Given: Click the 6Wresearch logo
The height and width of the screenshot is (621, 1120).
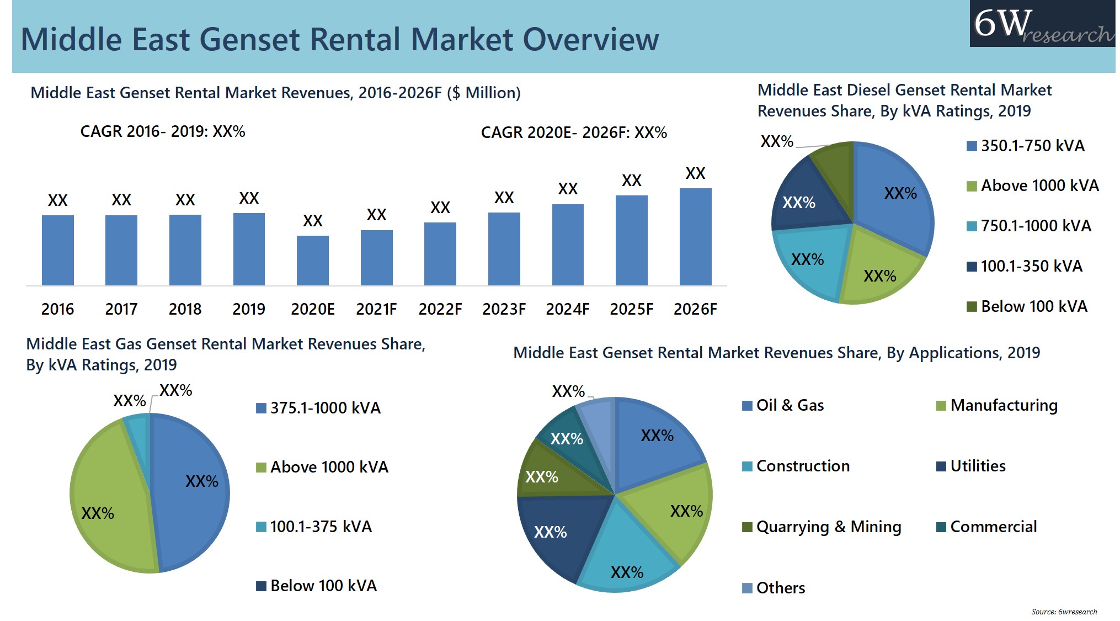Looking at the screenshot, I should tap(1043, 24).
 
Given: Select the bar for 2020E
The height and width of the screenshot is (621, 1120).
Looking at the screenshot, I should tap(312, 261).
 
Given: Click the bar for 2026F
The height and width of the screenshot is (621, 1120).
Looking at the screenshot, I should tap(695, 237).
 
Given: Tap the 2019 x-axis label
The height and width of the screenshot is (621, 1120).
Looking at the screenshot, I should tap(248, 309).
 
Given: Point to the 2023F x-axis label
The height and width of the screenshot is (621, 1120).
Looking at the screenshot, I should tap(504, 309).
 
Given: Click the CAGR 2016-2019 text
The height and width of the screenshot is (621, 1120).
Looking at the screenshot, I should tap(163, 132).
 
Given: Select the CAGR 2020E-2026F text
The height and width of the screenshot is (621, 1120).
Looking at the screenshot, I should tap(574, 133).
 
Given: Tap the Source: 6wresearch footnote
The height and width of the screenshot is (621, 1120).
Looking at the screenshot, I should tap(1064, 612).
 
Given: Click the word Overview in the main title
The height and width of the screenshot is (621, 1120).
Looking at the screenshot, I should tap(590, 40).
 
